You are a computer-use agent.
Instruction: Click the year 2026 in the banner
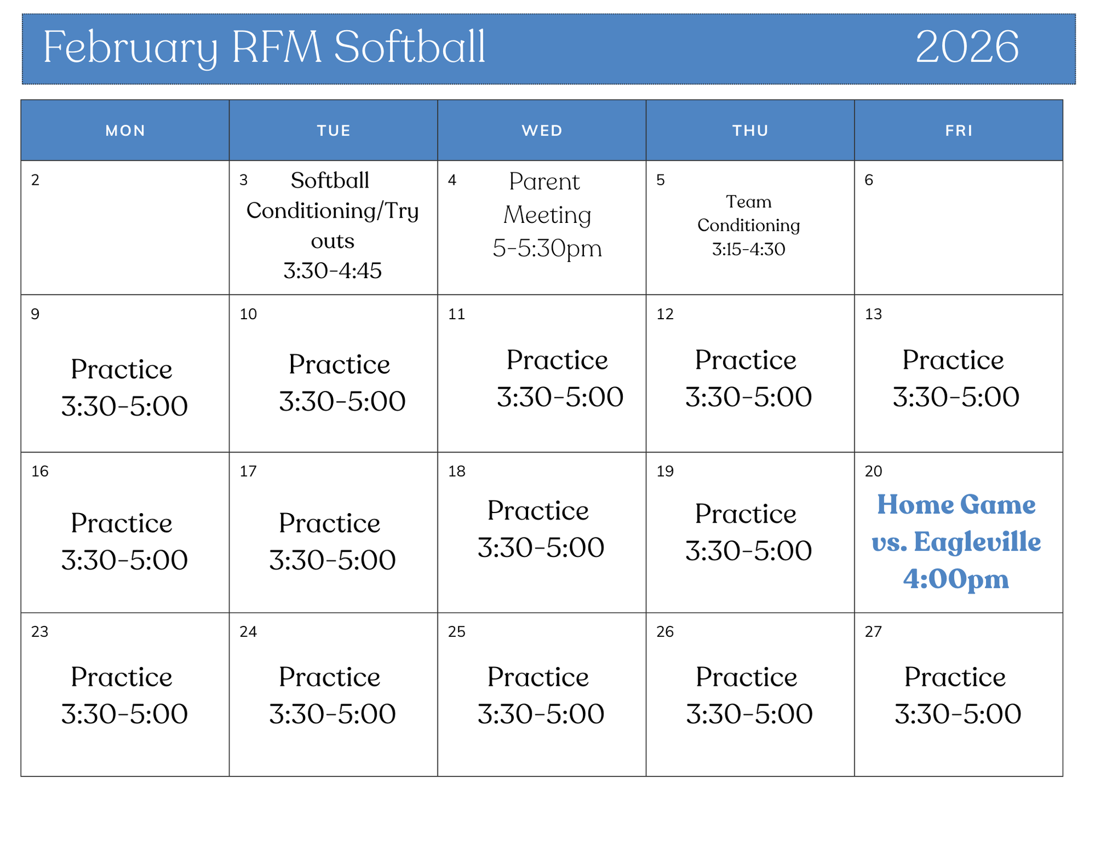click(967, 47)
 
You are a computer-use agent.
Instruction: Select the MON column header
click(125, 131)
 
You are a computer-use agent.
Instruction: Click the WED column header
click(542, 131)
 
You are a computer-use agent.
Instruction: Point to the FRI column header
click(959, 131)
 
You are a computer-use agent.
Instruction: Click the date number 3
click(244, 180)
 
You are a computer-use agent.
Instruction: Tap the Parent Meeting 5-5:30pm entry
click(547, 215)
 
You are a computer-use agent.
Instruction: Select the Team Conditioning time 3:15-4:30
click(748, 249)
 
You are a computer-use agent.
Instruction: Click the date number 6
click(869, 180)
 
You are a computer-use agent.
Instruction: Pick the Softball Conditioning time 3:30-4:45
click(332, 271)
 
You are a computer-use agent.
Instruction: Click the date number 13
click(873, 314)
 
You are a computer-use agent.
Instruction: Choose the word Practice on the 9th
click(121, 369)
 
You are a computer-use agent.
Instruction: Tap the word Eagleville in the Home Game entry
click(977, 542)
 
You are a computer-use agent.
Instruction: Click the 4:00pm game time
click(956, 579)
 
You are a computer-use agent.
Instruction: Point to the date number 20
click(873, 471)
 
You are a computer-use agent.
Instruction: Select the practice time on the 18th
click(541, 547)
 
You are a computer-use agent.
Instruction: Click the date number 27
click(873, 632)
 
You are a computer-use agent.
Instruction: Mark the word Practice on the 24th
click(330, 677)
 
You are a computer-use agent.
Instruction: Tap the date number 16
click(40, 471)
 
